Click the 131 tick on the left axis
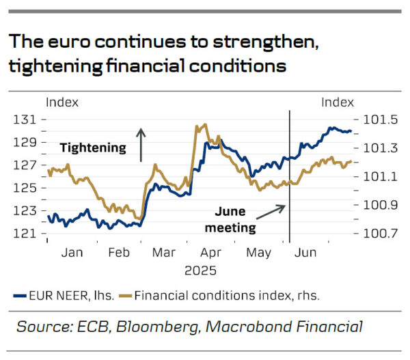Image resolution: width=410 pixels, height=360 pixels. pyautogui.click(x=25, y=120)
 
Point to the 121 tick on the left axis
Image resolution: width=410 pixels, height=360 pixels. pyautogui.click(x=25, y=234)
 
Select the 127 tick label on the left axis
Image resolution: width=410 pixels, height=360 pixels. pyautogui.click(x=25, y=165)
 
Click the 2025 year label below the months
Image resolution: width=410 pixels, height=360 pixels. pyautogui.click(x=200, y=270)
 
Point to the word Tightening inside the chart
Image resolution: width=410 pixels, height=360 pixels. pyautogui.click(x=93, y=147)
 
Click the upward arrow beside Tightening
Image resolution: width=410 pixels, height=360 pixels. pyautogui.click(x=141, y=144)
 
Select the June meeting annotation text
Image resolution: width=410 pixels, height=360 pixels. pyautogui.click(x=232, y=220)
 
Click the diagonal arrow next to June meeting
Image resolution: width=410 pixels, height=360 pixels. pyautogui.click(x=272, y=211)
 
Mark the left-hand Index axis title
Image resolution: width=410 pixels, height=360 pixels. pyautogui.click(x=61, y=102)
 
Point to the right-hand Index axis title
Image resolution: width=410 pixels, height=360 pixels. pyautogui.click(x=338, y=102)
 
